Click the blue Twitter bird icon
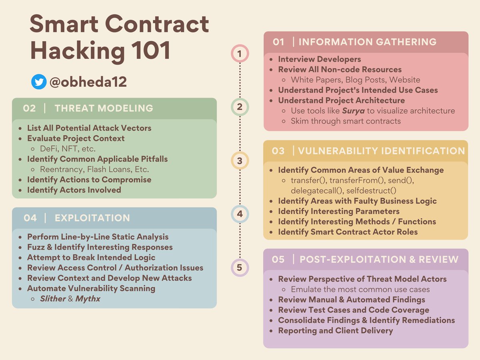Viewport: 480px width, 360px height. pyautogui.click(x=39, y=82)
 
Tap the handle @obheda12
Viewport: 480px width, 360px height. pyautogui.click(x=88, y=82)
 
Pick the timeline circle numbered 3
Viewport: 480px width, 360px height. pyautogui.click(x=240, y=161)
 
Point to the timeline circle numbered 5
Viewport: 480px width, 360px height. pyautogui.click(x=240, y=267)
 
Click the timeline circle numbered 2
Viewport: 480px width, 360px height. pyautogui.click(x=240, y=107)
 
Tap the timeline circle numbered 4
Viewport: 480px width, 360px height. pyautogui.click(x=240, y=214)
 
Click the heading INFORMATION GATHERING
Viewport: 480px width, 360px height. pyautogui.click(x=368, y=42)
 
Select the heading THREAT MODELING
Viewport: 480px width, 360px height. pyautogui.click(x=104, y=108)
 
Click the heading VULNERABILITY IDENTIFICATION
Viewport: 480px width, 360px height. pyautogui.click(x=382, y=151)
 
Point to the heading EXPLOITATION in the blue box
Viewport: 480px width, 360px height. pyautogui.click(x=92, y=218)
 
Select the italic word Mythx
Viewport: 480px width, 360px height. pyautogui.click(x=88, y=298)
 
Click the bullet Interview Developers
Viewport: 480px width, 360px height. pyautogui.click(x=319, y=59)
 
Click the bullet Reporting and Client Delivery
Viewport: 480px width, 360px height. pyautogui.click(x=335, y=330)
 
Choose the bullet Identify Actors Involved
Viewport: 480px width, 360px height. pyautogui.click(x=74, y=190)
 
